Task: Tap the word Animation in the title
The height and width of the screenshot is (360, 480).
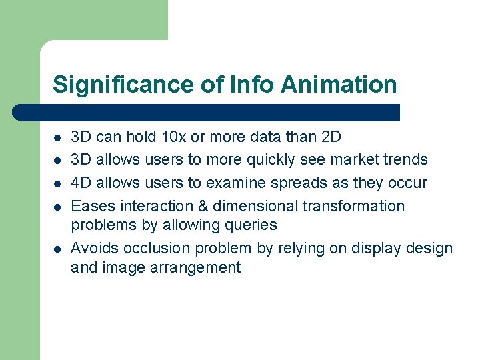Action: coord(339,85)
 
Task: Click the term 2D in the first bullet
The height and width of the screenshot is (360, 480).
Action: coord(331,137)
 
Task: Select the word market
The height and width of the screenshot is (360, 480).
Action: coord(355,160)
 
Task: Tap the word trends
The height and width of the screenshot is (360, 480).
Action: coord(405,160)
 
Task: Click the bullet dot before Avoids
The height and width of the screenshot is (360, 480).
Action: coord(57,249)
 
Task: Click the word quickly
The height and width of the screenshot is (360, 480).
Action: coord(273,160)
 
